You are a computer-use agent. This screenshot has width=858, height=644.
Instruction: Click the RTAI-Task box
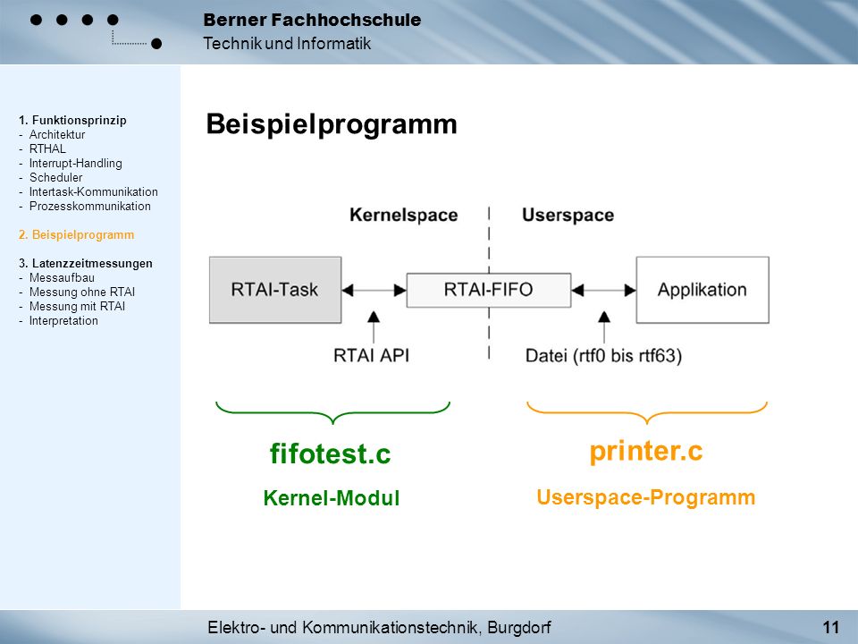pos(275,290)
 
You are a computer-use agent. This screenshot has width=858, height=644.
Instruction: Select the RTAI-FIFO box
pos(489,290)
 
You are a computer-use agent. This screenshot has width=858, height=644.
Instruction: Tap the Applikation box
pos(702,290)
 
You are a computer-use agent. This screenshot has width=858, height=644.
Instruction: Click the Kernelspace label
pos(404,215)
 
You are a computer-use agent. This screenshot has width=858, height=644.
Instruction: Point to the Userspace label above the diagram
pos(568,216)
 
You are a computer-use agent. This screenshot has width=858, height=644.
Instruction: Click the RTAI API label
pos(372,355)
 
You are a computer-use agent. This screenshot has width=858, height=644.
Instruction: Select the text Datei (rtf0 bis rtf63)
pos(603,356)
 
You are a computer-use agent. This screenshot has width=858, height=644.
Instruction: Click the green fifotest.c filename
pos(331,453)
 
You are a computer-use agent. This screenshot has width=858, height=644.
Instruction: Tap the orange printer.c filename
pos(646,451)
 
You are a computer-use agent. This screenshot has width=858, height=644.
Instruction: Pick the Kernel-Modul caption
pos(332,498)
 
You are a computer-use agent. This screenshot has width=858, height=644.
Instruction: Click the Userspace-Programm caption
pos(646,498)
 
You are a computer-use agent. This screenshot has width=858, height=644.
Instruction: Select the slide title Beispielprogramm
pos(332,124)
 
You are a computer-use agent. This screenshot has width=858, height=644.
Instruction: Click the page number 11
pos(830,627)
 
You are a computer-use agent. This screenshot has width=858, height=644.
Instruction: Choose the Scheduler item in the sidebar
pos(55,177)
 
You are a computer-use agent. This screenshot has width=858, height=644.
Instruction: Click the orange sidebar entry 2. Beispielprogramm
pos(76,235)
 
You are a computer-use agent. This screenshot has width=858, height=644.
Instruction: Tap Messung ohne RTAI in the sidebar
pos(82,292)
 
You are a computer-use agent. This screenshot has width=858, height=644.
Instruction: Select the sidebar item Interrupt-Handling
pos(75,163)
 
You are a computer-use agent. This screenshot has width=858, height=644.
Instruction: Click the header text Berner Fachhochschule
pos(312,21)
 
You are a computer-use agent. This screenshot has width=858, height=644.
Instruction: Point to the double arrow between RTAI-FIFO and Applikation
pos(604,290)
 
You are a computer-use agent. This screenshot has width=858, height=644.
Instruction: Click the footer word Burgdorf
pos(519,627)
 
